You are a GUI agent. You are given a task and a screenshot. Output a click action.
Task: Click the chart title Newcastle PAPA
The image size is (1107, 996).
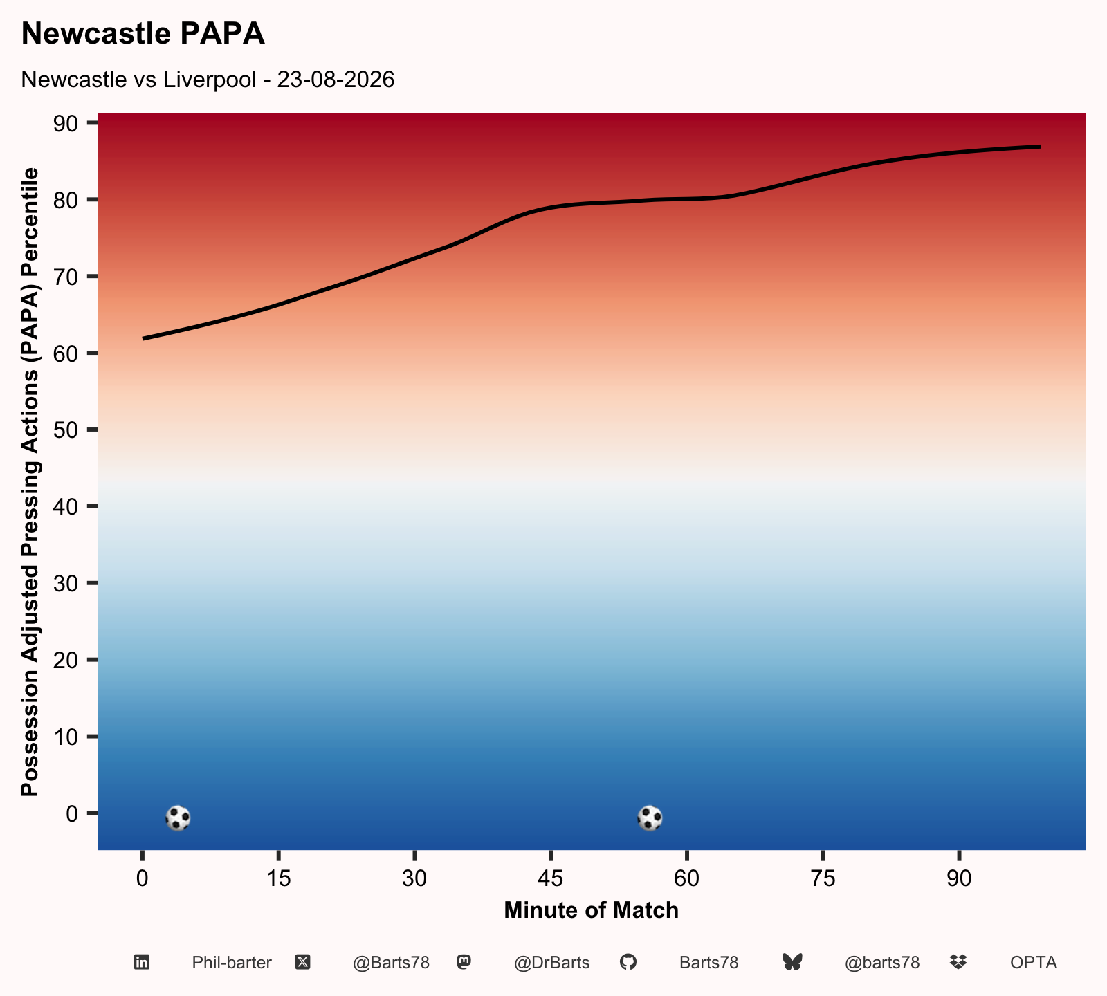coord(143,34)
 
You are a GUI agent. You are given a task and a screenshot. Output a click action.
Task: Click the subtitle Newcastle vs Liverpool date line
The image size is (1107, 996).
coord(208,80)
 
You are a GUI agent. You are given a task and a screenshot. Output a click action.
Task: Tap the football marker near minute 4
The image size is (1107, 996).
coord(178,818)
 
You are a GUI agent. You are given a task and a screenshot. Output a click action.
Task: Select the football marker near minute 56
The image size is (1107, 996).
coord(650,818)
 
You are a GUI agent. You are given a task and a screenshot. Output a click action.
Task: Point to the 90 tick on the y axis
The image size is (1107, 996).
coord(66,123)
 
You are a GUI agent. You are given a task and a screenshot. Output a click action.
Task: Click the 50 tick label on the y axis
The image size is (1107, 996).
coord(66,430)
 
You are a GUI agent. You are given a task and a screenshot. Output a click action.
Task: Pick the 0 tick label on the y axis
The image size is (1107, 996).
coord(73,813)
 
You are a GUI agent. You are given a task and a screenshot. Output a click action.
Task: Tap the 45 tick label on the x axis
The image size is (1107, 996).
coord(550,878)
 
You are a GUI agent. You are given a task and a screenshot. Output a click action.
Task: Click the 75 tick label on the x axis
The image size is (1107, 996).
coord(823,878)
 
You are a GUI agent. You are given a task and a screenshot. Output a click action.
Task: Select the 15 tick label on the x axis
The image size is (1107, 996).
coord(278,878)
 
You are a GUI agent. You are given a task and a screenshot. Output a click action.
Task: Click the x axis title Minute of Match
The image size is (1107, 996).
coord(592,910)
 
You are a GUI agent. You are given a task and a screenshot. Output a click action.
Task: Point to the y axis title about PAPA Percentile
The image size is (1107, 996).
coord(30,482)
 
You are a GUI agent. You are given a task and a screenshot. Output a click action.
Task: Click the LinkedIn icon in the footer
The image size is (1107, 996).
coord(142,962)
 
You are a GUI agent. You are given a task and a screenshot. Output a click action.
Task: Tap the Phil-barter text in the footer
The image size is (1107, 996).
coord(232,963)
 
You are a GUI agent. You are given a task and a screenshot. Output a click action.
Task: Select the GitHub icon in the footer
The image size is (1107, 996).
coord(628,962)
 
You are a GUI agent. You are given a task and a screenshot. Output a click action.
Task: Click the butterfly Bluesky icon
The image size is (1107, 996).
coord(792,962)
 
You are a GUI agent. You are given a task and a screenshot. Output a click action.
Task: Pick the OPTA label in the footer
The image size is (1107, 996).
coord(1034,963)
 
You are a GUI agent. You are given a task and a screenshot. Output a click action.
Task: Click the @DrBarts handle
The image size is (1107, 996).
coord(551,963)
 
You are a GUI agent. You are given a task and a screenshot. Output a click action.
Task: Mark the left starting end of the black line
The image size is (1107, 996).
coord(143,338)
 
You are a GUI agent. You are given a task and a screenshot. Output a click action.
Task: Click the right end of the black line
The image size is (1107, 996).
coord(1040,147)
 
